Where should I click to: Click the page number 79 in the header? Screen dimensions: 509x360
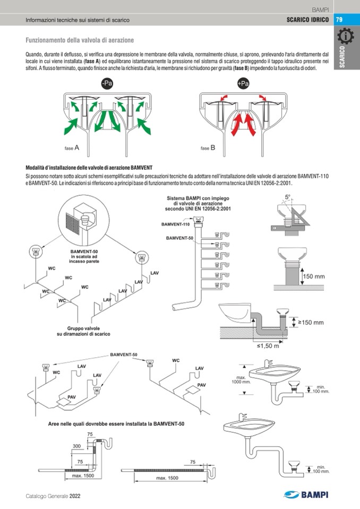coord(339,20)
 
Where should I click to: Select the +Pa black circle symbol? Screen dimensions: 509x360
coord(243,84)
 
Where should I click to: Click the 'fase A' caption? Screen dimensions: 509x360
coord(71,148)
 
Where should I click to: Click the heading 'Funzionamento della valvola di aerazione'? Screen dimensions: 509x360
coord(80,40)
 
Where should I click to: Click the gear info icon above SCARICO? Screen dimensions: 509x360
coord(346,37)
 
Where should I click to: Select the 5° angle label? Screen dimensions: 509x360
coord(287,197)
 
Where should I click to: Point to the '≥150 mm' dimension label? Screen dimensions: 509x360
coord(311,322)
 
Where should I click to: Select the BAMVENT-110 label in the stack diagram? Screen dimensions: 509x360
coord(176,225)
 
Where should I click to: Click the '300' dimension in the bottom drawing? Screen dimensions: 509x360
coord(76,446)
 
